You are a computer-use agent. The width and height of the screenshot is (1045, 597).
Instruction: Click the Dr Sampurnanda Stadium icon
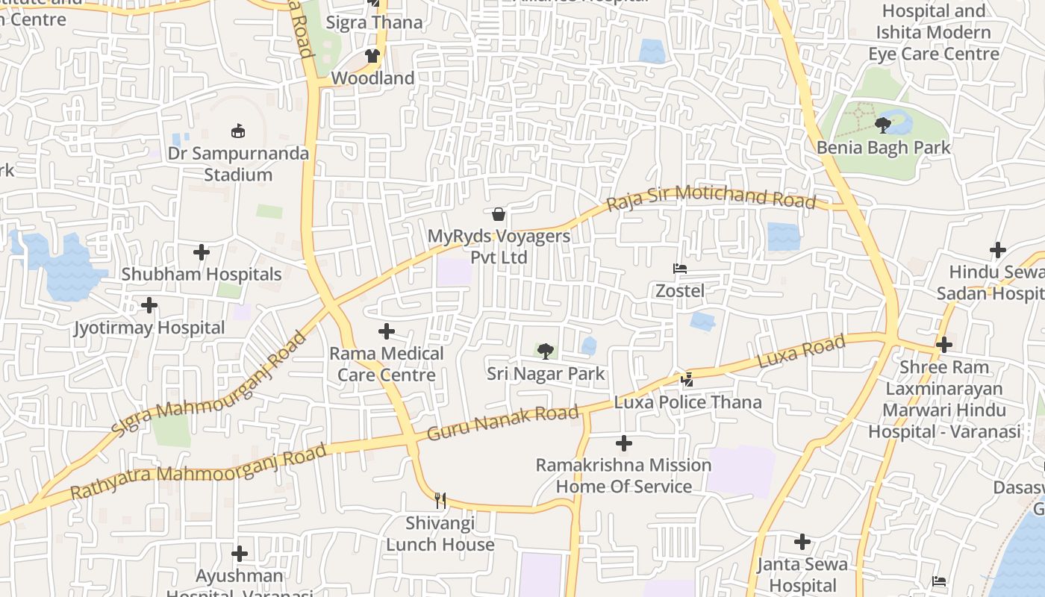pos(238,131)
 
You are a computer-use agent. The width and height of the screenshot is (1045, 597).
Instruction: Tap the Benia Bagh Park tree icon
pos(883,125)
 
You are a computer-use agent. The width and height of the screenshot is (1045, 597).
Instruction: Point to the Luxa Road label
pos(801,351)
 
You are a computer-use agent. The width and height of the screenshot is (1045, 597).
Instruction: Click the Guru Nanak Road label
pos(503,422)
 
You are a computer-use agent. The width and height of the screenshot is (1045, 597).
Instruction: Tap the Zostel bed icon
pos(679,269)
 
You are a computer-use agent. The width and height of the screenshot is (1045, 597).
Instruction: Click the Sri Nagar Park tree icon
pos(546,351)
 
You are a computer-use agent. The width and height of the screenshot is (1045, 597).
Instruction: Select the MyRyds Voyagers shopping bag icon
pos(498,215)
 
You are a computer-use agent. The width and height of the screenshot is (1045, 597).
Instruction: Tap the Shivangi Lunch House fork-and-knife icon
pos(440,501)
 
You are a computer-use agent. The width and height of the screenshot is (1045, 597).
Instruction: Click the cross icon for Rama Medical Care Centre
pos(387,331)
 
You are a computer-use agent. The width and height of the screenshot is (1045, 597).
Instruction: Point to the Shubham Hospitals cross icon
pos(202,252)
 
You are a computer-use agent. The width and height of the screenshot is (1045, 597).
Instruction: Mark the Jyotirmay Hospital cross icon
pos(149,305)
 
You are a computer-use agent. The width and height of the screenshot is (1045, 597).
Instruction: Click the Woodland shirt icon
pos(372,56)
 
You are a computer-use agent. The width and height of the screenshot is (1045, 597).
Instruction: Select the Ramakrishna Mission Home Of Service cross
pos(624,444)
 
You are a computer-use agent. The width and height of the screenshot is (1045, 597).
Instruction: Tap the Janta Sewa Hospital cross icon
pos(802,542)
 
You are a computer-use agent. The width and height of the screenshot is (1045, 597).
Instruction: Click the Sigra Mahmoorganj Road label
pos(209,386)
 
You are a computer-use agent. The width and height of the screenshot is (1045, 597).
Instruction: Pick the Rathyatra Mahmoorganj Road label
pos(199,472)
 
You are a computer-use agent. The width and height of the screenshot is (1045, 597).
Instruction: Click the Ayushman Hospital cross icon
pos(239,554)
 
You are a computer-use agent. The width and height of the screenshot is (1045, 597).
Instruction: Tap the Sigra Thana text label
pos(375,22)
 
